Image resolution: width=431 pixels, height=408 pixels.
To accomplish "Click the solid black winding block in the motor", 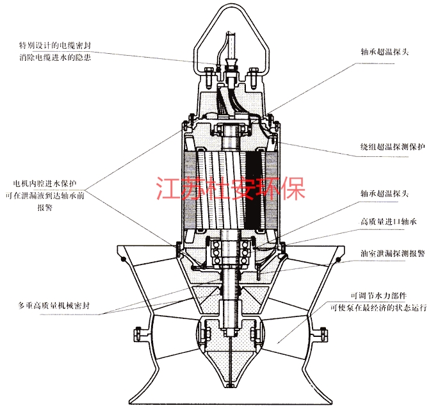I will (257, 186).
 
